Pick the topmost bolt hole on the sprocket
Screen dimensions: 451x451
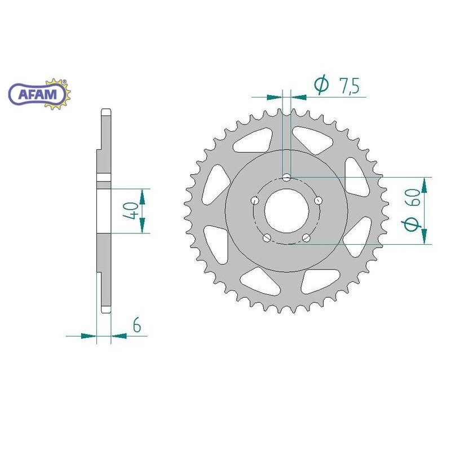click(287, 178)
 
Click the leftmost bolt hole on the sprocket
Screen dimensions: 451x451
click(255, 200)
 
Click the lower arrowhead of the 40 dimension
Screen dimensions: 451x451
click(142, 226)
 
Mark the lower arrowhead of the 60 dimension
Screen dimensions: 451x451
click(424, 236)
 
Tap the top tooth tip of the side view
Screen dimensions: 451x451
click(105, 109)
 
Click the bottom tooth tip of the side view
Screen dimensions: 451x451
click(105, 311)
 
